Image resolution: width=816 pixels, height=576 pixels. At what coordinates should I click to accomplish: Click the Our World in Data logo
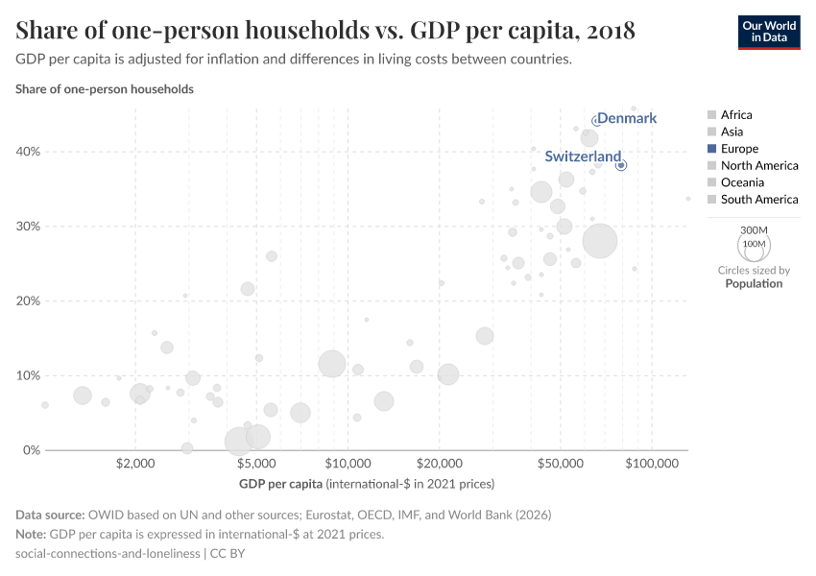click(768, 32)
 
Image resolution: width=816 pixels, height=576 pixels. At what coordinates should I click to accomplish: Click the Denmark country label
click(626, 118)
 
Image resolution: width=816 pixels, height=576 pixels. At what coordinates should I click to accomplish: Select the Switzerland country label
click(583, 156)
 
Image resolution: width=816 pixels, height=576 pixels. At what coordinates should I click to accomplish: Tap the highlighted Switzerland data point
click(621, 165)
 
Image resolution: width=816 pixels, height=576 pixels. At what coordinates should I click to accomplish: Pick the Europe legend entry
click(739, 149)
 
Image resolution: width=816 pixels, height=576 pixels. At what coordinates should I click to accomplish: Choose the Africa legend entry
click(736, 114)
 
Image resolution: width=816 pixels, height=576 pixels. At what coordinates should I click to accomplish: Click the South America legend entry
click(758, 200)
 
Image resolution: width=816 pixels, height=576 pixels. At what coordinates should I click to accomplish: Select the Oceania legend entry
click(742, 182)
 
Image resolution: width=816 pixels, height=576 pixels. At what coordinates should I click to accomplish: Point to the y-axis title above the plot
click(105, 89)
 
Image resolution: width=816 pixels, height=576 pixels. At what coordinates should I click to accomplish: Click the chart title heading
click(325, 31)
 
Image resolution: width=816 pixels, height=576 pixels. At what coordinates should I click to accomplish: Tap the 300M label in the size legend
click(755, 230)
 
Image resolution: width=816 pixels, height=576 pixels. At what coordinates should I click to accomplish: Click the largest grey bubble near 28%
click(600, 240)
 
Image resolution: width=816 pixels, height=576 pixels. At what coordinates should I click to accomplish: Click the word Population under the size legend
click(754, 283)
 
